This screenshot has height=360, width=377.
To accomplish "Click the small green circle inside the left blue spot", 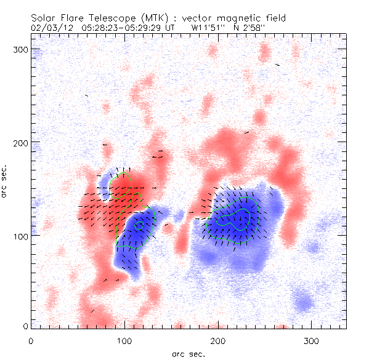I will [x=139, y=225].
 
